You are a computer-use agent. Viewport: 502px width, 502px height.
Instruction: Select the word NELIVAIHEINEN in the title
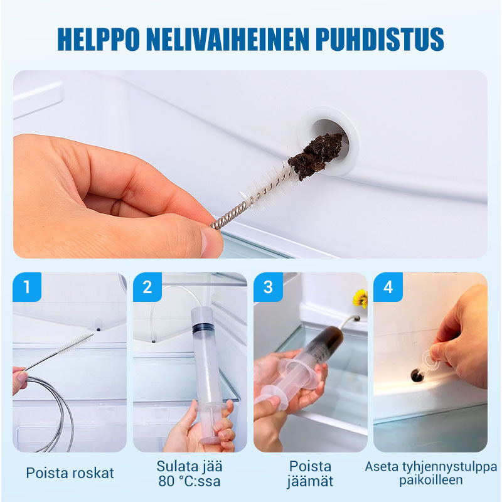pyautogui.click(x=229, y=39)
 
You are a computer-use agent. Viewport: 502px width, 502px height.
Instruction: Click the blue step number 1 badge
pyautogui.click(x=26, y=287)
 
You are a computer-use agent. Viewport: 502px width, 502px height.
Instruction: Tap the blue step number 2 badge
pyautogui.click(x=147, y=287)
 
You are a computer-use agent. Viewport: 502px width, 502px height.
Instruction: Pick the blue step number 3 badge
pyautogui.click(x=269, y=287)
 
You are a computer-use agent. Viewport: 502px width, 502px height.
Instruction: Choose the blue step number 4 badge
pyautogui.click(x=388, y=287)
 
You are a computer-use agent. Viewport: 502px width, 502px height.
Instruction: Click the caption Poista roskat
pyautogui.click(x=70, y=473)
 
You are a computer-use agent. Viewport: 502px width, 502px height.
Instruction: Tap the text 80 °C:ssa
pyautogui.click(x=190, y=482)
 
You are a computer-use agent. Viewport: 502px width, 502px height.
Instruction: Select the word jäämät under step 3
pyautogui.click(x=311, y=482)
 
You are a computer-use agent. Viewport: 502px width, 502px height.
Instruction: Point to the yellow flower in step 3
pyautogui.click(x=360, y=298)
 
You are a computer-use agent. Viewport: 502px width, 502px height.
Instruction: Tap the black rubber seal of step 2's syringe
pyautogui.click(x=203, y=327)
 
